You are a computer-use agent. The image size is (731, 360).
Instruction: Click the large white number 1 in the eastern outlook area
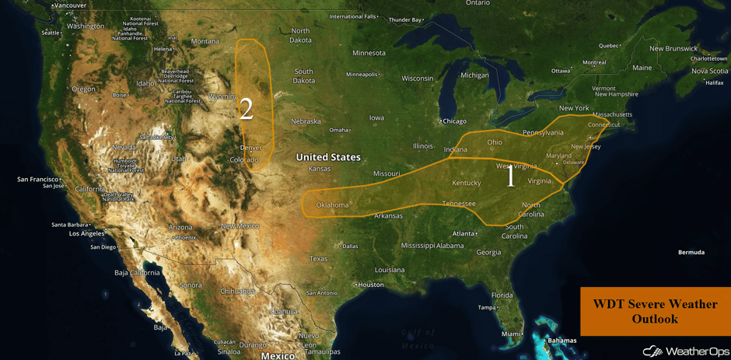point(510,177)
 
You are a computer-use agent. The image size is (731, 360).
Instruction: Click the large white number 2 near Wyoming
point(246,110)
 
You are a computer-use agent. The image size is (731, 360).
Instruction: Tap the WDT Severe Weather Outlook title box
point(655,312)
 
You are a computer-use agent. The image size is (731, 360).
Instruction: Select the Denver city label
point(250,148)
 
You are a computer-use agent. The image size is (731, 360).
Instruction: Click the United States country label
point(328,157)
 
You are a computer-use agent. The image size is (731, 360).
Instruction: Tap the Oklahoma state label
point(332,205)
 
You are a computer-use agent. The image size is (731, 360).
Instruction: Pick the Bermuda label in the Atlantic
point(691,252)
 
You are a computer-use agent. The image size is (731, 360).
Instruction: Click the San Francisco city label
point(37,179)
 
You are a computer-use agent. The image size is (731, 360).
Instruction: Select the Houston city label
point(370,285)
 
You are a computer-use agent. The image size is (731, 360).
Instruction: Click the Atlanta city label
point(465,233)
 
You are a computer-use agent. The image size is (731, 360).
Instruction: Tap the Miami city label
point(512,334)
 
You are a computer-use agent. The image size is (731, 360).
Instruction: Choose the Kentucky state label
point(467,183)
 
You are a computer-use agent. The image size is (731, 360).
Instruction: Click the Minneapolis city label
point(362,75)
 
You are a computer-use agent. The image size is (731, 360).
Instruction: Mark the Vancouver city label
point(70,5)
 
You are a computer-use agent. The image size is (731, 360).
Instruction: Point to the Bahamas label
point(561,341)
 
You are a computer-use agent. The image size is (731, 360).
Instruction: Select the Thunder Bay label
point(405,19)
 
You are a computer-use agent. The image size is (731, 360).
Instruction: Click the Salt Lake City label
point(157,137)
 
